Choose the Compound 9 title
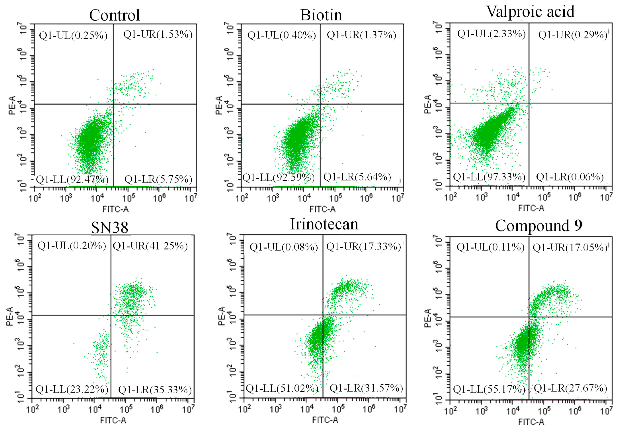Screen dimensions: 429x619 click(x=539, y=226)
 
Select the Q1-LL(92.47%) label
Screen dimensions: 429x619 click(x=72, y=179)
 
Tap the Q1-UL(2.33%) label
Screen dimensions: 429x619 click(x=491, y=34)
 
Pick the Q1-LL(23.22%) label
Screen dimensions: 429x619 click(x=72, y=389)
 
